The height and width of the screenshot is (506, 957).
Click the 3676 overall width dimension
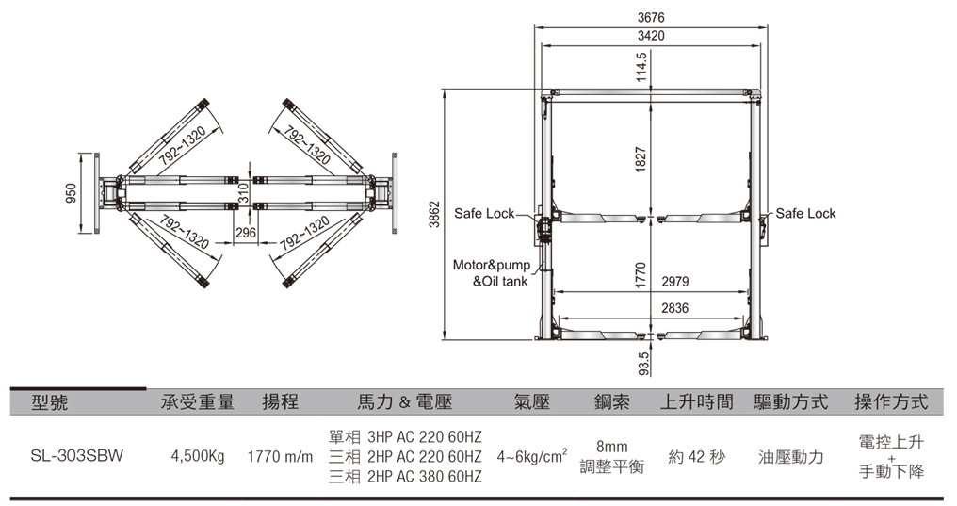[651, 18]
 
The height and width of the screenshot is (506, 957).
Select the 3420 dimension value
[651, 36]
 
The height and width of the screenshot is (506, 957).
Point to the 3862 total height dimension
[434, 214]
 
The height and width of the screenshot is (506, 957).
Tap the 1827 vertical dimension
[641, 159]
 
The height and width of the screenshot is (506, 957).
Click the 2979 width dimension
[675, 282]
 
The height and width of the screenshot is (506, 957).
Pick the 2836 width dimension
[675, 308]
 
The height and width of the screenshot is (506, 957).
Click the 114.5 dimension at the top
[641, 67]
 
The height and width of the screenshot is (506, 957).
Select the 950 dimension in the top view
[72, 193]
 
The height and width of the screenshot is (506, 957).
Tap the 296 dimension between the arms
[245, 233]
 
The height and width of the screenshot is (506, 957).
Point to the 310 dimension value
[243, 193]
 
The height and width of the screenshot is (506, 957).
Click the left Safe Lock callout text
[484, 214]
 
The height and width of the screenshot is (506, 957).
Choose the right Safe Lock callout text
[805, 214]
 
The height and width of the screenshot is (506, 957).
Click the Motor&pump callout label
[492, 265]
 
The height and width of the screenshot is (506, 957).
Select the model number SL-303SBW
[77, 456]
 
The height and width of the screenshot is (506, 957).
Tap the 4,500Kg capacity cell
[198, 457]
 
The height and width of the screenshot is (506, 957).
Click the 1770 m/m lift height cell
[280, 457]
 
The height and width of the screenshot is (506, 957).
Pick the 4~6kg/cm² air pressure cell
[531, 456]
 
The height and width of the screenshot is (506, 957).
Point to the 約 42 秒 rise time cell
[697, 457]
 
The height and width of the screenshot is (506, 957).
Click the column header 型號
[50, 402]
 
